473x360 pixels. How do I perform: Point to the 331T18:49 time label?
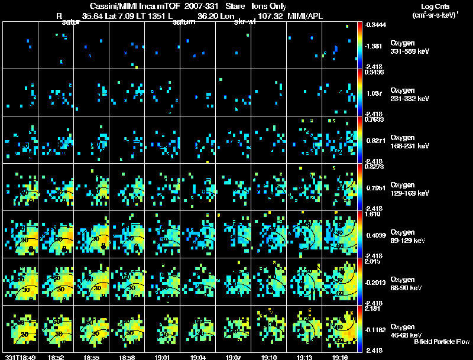coord(19,357)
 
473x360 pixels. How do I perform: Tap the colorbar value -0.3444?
coord(375,25)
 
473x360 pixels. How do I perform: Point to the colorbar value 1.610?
coord(374,214)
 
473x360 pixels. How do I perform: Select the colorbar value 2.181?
coord(374,309)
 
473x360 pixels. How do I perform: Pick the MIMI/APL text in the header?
coord(307,16)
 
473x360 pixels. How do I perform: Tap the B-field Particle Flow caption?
coord(442,342)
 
